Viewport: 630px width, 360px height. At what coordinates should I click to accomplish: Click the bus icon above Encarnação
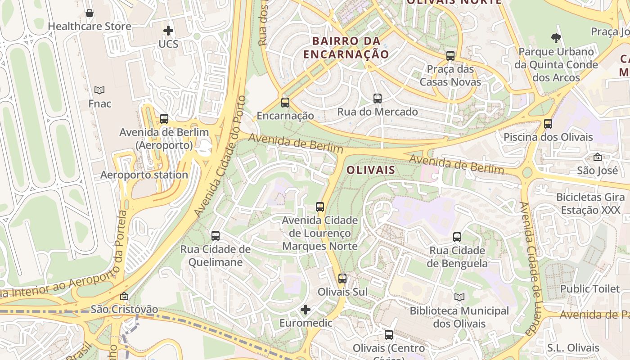(285, 102)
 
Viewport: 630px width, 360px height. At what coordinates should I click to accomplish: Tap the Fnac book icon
(99, 90)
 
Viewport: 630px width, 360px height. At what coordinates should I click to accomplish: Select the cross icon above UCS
(168, 31)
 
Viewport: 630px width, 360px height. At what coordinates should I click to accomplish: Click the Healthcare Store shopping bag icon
(90, 13)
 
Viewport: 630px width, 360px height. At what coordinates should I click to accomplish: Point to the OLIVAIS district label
(371, 170)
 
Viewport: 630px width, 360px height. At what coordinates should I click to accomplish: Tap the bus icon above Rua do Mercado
(378, 98)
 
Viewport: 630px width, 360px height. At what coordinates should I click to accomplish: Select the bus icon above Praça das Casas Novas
(450, 56)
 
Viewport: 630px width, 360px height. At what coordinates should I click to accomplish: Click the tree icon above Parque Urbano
(556, 38)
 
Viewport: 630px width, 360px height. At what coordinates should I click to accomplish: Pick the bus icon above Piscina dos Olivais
(548, 123)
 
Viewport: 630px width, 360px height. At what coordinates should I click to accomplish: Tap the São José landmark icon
(598, 157)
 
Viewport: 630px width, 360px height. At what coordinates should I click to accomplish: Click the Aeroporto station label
(144, 175)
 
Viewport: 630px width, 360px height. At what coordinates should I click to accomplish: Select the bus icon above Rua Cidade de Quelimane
(216, 235)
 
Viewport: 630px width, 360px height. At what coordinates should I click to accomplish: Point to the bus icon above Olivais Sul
(342, 278)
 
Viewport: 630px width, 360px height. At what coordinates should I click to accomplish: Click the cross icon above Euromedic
(306, 310)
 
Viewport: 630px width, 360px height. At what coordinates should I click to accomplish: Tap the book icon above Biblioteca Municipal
(459, 297)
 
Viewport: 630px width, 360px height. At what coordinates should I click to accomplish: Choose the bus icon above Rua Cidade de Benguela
(457, 237)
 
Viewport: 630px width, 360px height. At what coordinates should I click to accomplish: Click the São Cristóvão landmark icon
(124, 296)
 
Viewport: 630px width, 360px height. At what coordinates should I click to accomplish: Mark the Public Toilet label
(590, 288)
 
